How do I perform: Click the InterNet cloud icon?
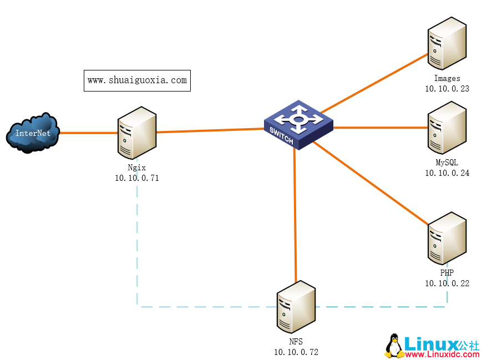point(33,132)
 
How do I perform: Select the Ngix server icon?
point(136,132)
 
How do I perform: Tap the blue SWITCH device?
point(298,125)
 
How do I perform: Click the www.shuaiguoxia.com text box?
point(137,80)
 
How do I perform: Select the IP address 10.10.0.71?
point(137,178)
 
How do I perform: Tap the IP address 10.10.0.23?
point(447,88)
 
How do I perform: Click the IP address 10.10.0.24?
point(447,173)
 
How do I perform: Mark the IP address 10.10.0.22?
point(447,283)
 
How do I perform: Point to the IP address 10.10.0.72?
point(296,352)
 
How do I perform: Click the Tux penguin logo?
point(394,346)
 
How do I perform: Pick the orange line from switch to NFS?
point(295,216)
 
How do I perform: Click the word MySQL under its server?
point(447,162)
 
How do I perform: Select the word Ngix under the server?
point(136,168)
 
